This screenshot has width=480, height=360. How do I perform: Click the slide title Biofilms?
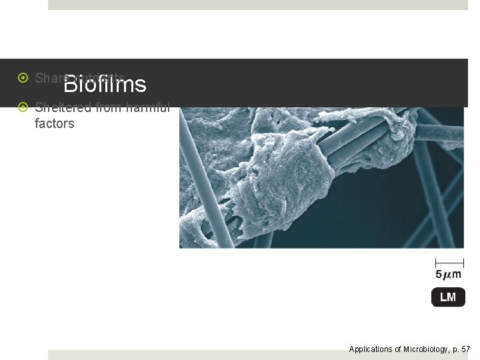tap(105, 85)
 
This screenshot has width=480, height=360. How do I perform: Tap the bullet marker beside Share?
tap(23, 78)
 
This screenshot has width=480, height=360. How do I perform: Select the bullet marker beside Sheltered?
tap(23, 107)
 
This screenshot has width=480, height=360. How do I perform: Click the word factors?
tap(54, 123)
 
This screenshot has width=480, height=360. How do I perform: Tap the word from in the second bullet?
tap(107, 107)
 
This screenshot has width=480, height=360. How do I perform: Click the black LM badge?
tap(448, 297)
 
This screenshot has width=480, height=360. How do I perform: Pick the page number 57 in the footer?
tap(465, 349)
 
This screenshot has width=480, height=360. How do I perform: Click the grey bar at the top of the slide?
tap(258, 5)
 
